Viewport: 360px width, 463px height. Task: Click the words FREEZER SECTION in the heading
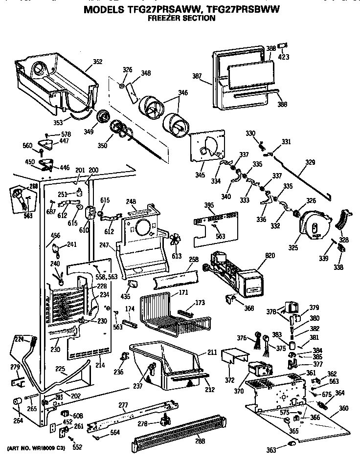click(181, 18)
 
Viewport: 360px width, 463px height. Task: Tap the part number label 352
click(98, 62)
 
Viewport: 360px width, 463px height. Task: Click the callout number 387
click(197, 76)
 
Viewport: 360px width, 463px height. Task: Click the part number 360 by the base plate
click(344, 409)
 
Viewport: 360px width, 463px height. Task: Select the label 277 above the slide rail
click(123, 405)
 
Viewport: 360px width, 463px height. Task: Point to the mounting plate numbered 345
click(205, 145)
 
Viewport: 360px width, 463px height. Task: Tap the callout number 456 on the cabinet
click(55, 236)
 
